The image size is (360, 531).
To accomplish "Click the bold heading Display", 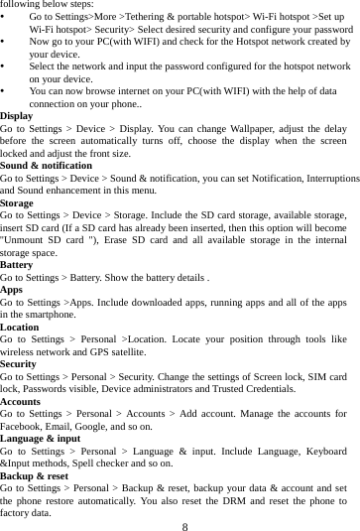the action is click(17, 116).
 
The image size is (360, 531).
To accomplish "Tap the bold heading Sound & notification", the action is click(46, 165).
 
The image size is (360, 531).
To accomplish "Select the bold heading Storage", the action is click(20, 201).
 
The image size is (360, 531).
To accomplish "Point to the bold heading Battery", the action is click(17, 265).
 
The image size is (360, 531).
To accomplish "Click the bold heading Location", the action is click(20, 326).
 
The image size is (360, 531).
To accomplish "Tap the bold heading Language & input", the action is click(41, 437).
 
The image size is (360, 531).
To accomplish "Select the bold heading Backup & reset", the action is click(35, 475).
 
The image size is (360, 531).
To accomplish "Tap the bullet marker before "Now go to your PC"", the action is click(7, 43).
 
